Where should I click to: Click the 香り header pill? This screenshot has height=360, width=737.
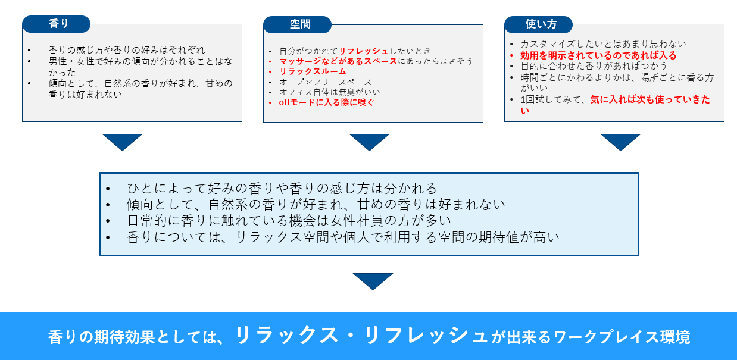pyautogui.click(x=57, y=24)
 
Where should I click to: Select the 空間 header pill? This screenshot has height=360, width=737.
pyautogui.click(x=297, y=24)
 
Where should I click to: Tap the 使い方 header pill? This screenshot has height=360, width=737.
pyautogui.click(x=538, y=24)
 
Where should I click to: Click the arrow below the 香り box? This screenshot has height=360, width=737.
pyautogui.click(x=122, y=142)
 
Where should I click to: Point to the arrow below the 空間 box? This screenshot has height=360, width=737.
pyautogui.click(x=369, y=142)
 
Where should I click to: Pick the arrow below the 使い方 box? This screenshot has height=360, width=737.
pyautogui.click(x=620, y=142)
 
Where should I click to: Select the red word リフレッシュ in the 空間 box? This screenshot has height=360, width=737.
pyautogui.click(x=364, y=51)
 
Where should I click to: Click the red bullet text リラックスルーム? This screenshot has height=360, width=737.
pyautogui.click(x=313, y=71)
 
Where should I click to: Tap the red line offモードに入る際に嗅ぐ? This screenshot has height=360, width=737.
pyautogui.click(x=327, y=102)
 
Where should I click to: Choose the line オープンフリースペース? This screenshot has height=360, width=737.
pyautogui.click(x=325, y=82)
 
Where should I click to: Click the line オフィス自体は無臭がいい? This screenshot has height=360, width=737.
pyautogui.click(x=330, y=92)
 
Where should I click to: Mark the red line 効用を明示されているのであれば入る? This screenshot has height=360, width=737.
pyautogui.click(x=598, y=55)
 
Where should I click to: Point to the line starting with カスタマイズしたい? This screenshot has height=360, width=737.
pyautogui.click(x=603, y=44)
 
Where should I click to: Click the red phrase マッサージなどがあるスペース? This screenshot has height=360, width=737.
pyautogui.click(x=338, y=61)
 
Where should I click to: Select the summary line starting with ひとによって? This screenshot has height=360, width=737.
pyautogui.click(x=282, y=189)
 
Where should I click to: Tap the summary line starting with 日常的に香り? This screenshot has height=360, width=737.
pyautogui.click(x=289, y=221)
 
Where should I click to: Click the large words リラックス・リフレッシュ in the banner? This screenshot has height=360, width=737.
pyautogui.click(x=361, y=336)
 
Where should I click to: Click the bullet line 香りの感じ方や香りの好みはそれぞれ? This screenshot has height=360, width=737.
pyautogui.click(x=127, y=50)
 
